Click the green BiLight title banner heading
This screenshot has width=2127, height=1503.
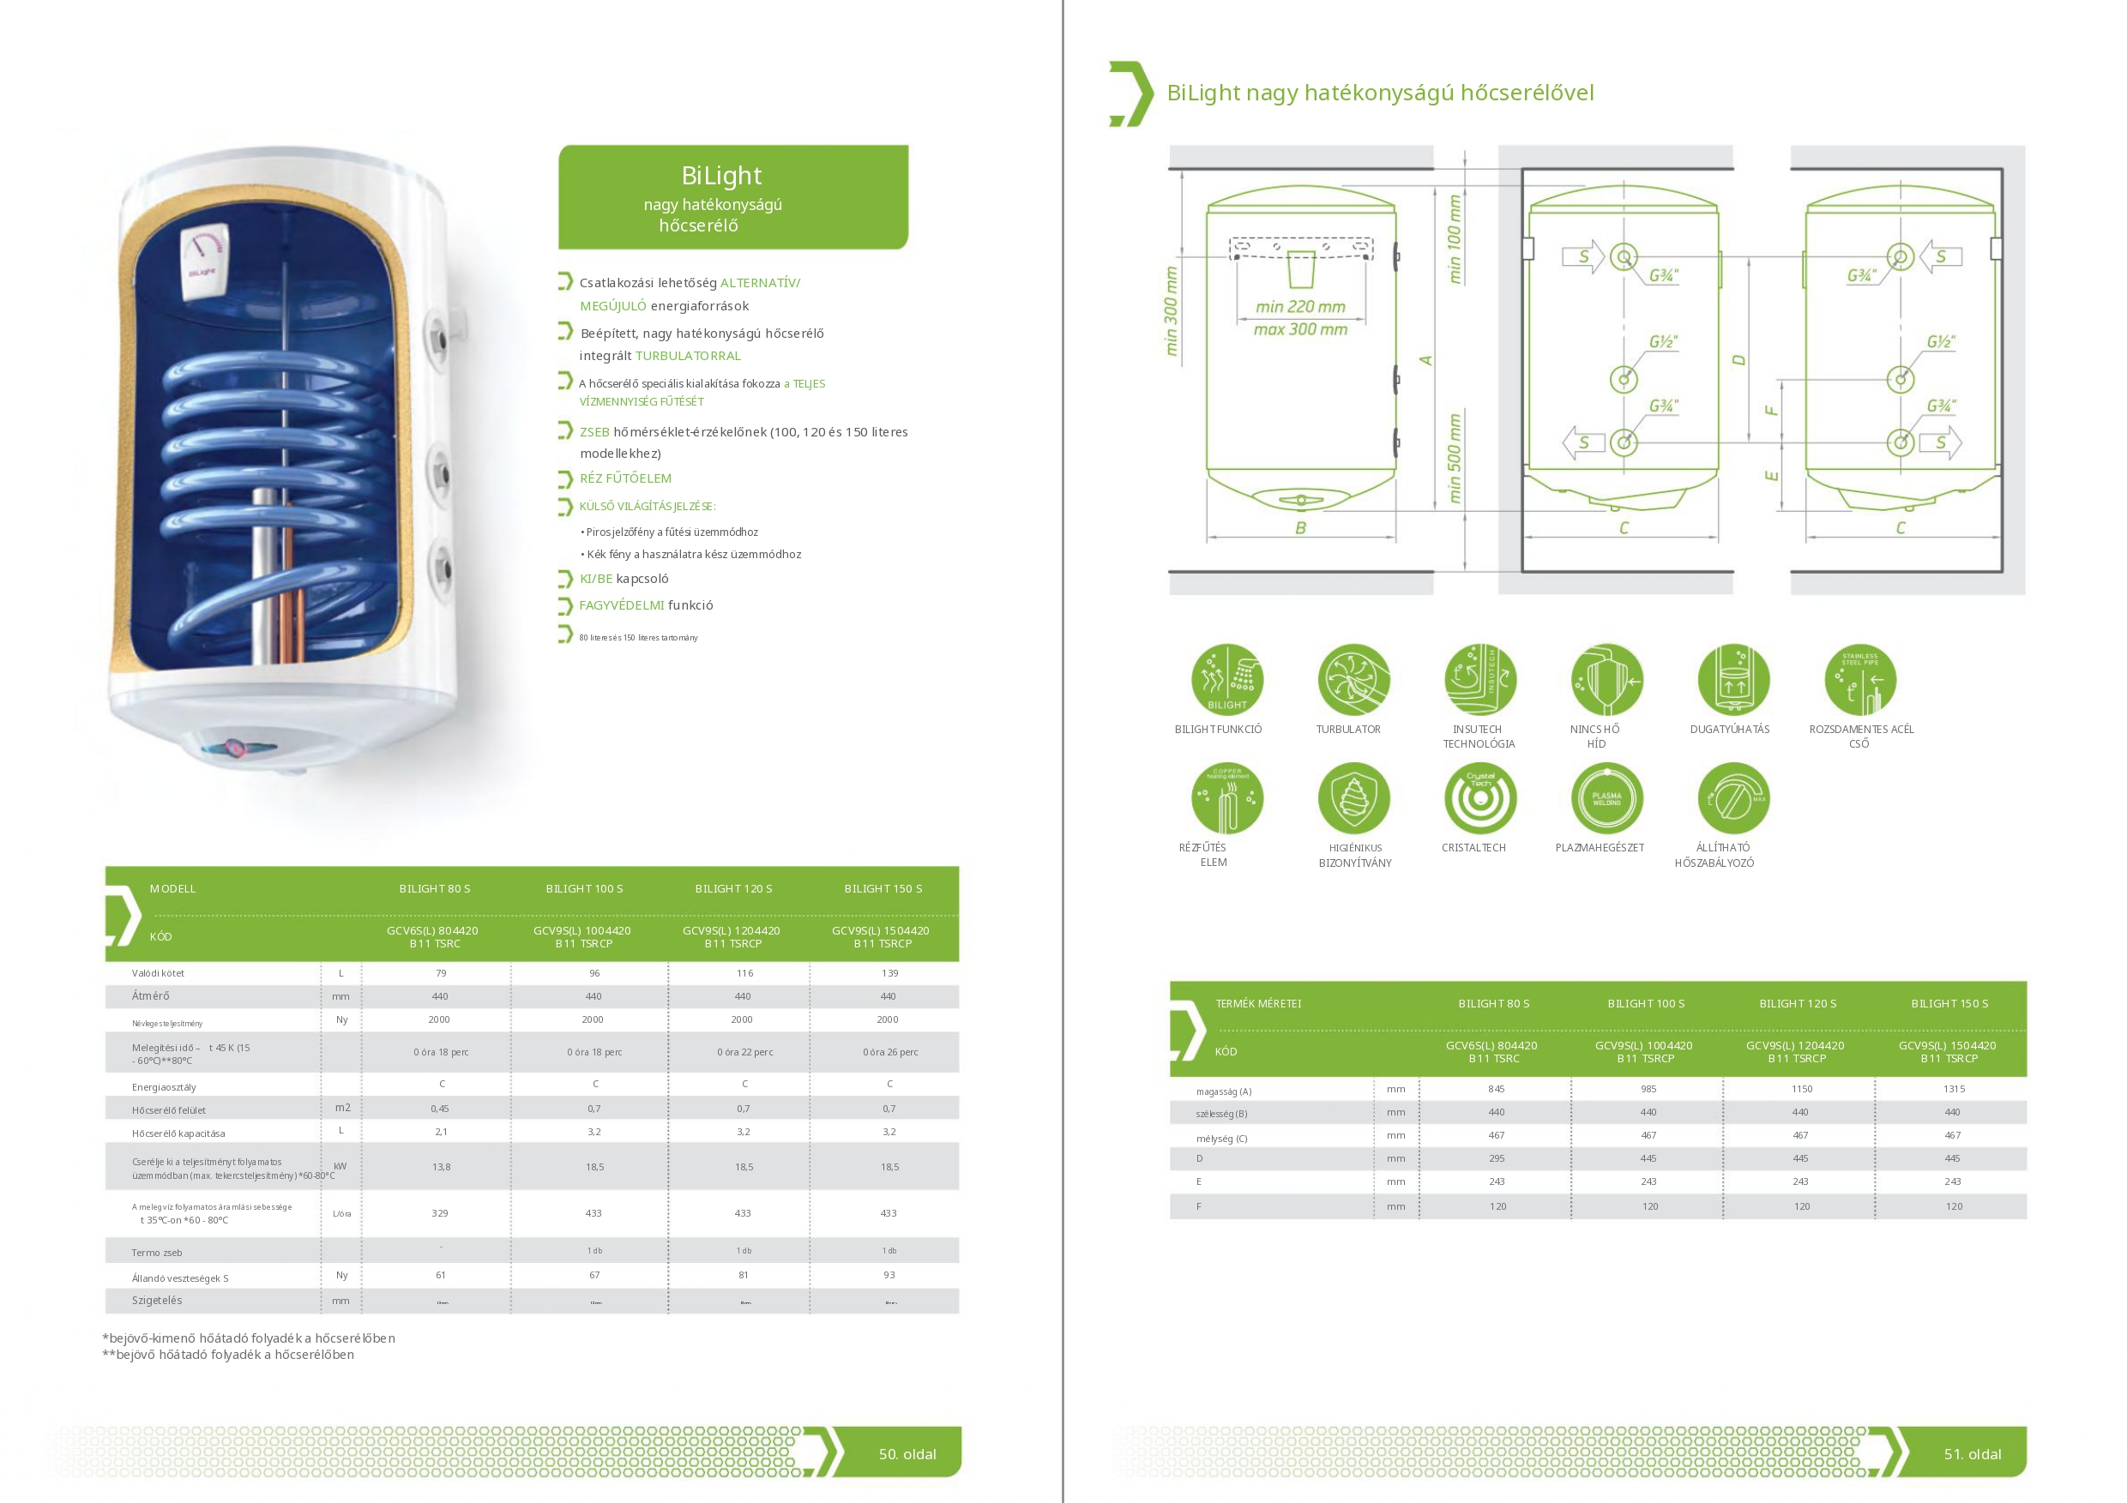pos(720,176)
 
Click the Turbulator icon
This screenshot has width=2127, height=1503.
pos(1353,681)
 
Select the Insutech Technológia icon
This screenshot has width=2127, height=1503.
pos(1479,681)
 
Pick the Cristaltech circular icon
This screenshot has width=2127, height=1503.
pos(1479,798)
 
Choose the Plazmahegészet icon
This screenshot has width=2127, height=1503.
pos(1606,798)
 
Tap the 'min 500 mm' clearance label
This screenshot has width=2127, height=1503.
pos(1455,459)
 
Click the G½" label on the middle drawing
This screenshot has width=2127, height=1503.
pos(1663,342)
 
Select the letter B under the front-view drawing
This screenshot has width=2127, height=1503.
pos(1301,528)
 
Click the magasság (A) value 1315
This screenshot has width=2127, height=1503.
pos(1954,1089)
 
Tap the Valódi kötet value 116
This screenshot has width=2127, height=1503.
pos(744,973)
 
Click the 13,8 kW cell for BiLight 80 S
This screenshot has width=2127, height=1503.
pos(441,1167)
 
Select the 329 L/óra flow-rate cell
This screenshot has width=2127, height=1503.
pos(440,1213)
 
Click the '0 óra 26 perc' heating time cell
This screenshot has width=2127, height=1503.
pos(889,1052)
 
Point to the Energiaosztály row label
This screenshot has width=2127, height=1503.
pos(164,1087)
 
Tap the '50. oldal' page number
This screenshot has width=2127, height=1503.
pos(907,1454)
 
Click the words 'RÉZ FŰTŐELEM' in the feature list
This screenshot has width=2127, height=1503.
pos(625,478)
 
